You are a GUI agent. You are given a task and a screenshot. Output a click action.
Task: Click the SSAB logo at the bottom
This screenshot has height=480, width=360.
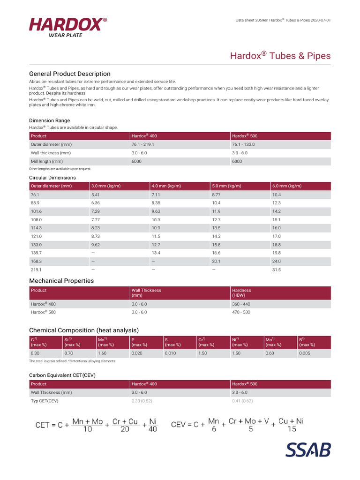[x=308, y=449]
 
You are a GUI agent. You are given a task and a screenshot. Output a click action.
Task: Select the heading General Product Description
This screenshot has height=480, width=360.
[x=70, y=74]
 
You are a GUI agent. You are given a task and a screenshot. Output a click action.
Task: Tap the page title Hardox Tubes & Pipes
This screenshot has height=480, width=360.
[x=280, y=56]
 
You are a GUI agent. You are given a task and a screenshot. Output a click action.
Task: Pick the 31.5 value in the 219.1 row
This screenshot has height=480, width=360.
[x=277, y=270]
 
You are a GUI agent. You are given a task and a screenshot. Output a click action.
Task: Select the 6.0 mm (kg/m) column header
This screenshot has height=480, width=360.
[x=287, y=186]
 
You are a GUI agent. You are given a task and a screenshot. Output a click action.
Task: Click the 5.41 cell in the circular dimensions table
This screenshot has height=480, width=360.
[x=96, y=195]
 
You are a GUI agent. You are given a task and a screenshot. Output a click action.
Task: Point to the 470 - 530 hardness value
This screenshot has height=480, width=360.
[x=241, y=312]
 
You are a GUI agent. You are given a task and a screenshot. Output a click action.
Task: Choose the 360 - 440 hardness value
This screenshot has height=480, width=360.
[x=241, y=304]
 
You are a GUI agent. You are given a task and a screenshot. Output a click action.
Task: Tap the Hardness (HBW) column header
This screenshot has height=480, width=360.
[x=242, y=293]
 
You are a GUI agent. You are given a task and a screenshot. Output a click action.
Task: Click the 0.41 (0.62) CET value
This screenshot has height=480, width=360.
[x=242, y=401]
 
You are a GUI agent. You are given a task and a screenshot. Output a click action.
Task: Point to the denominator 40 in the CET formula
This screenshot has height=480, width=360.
[x=152, y=429]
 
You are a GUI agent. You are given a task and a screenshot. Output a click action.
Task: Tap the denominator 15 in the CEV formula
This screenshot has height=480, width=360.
[x=291, y=429]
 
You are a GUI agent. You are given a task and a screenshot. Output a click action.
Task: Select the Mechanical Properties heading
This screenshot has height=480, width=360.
[x=61, y=281]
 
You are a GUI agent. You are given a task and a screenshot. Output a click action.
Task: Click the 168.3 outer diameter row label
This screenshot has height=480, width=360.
[x=36, y=261]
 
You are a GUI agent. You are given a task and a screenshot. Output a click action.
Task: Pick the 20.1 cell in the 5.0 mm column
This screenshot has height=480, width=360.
[x=216, y=261]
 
